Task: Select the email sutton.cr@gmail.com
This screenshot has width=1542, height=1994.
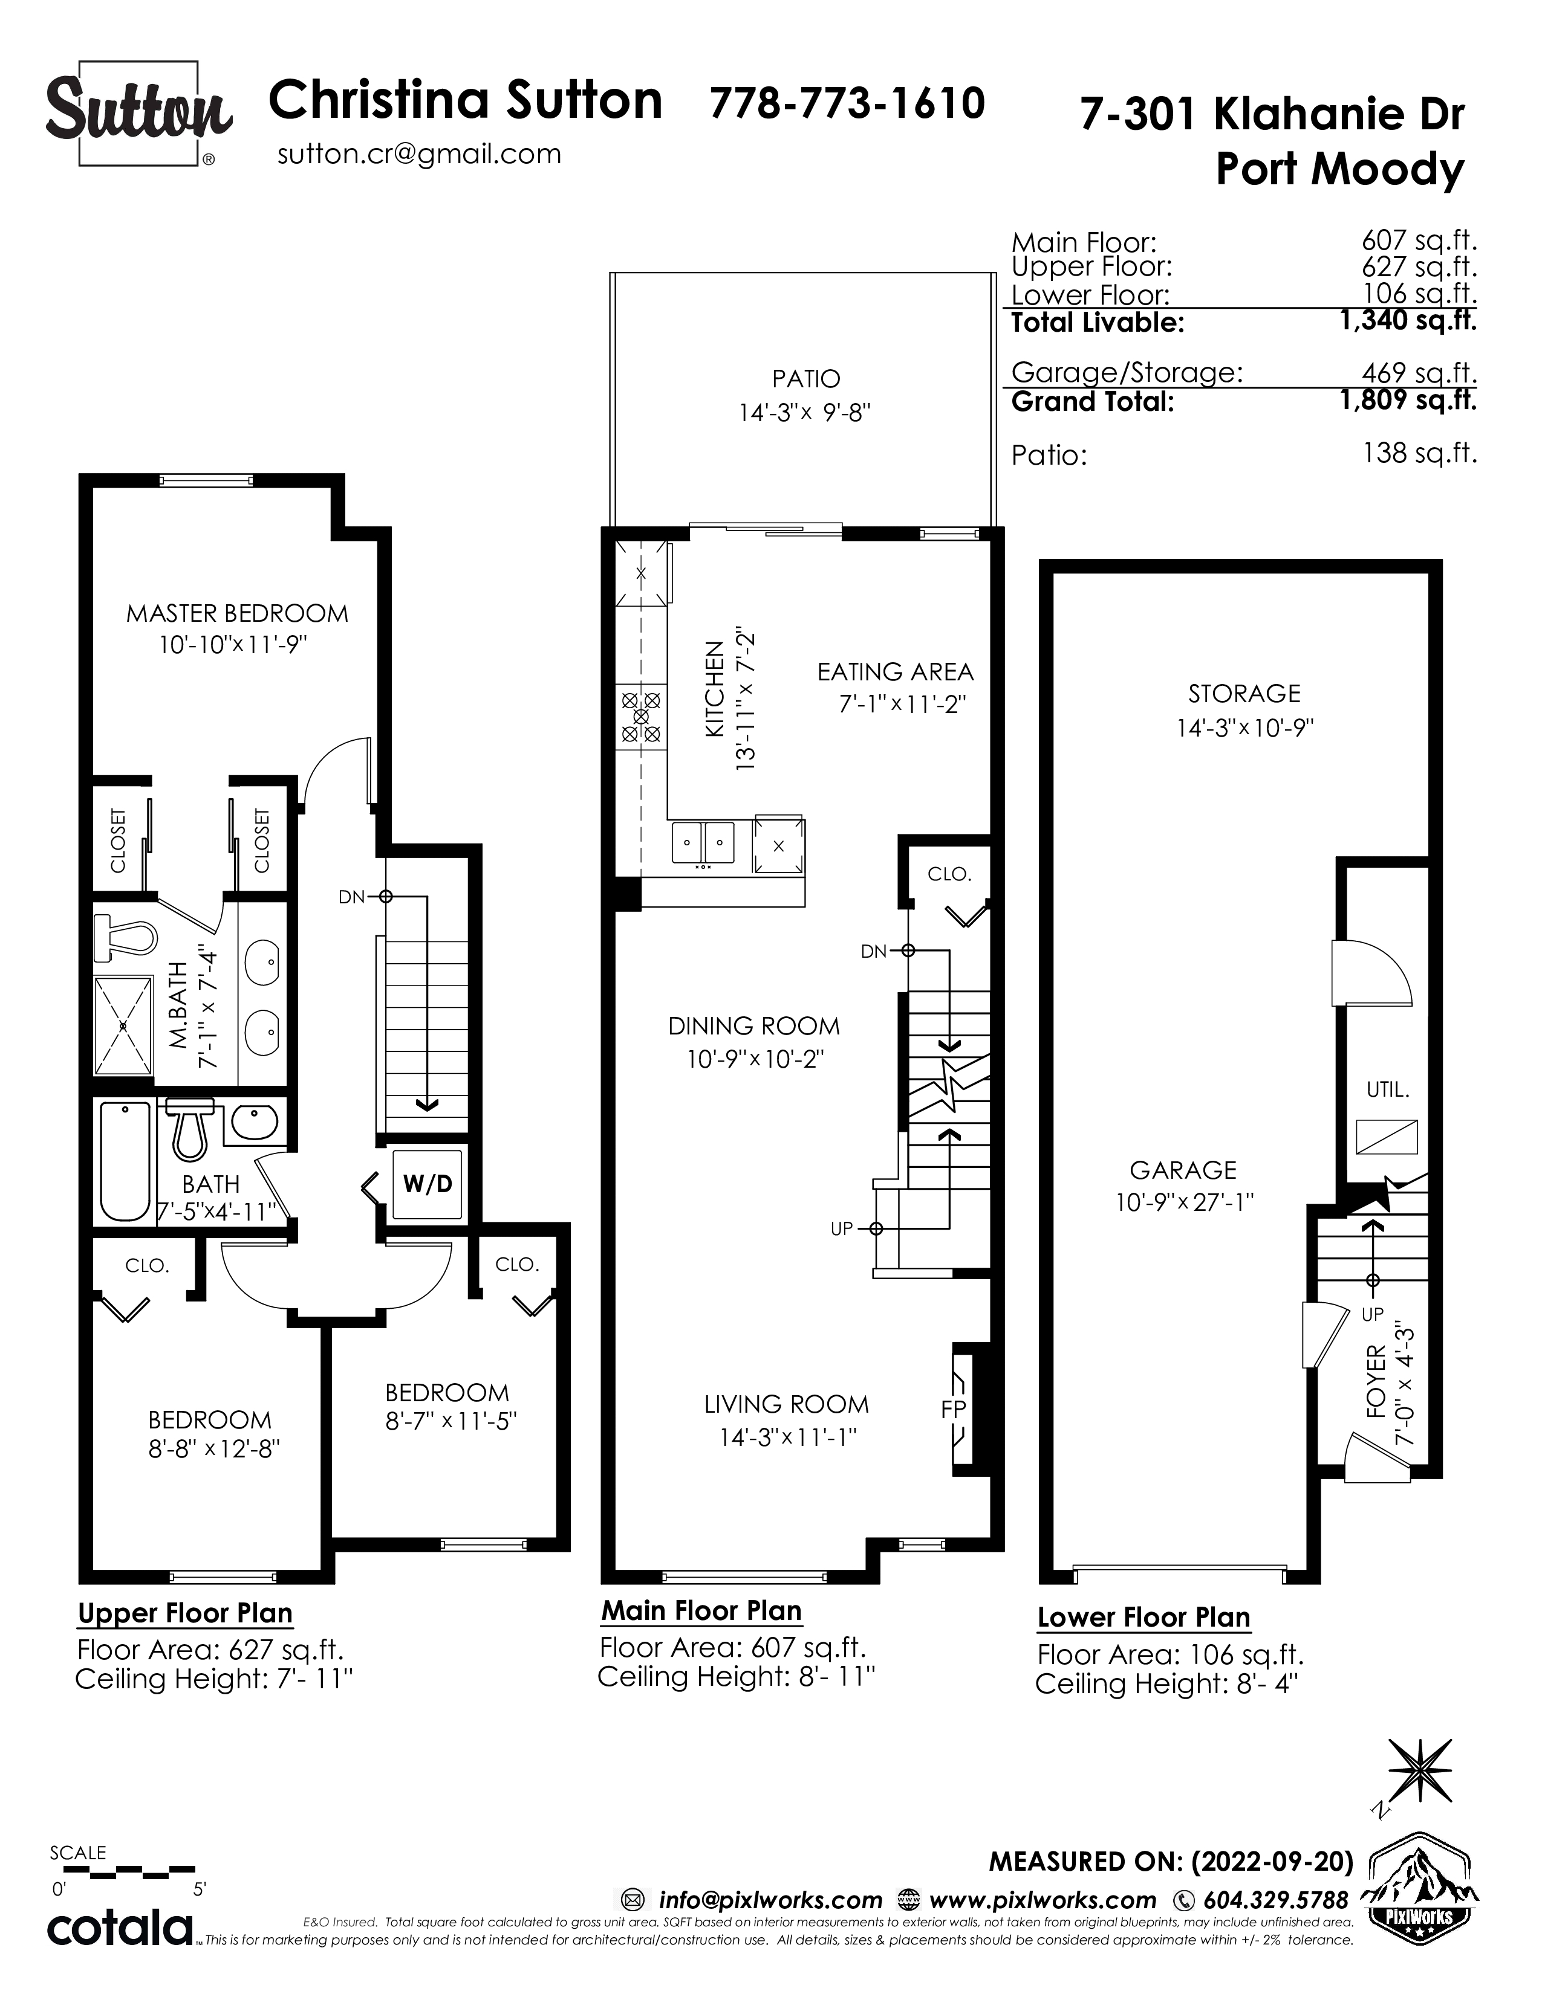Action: point(419,153)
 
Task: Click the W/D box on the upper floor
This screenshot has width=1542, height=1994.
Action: point(428,1184)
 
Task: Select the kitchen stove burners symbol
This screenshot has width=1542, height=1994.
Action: point(640,717)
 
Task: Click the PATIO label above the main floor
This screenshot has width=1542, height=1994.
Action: point(805,379)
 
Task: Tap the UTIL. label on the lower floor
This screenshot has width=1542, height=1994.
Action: point(1388,1089)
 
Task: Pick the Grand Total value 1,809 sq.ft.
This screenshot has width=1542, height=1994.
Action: point(1408,400)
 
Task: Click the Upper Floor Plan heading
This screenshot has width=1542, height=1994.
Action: point(186,1613)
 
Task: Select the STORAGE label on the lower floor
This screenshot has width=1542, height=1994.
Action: point(1244,694)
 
